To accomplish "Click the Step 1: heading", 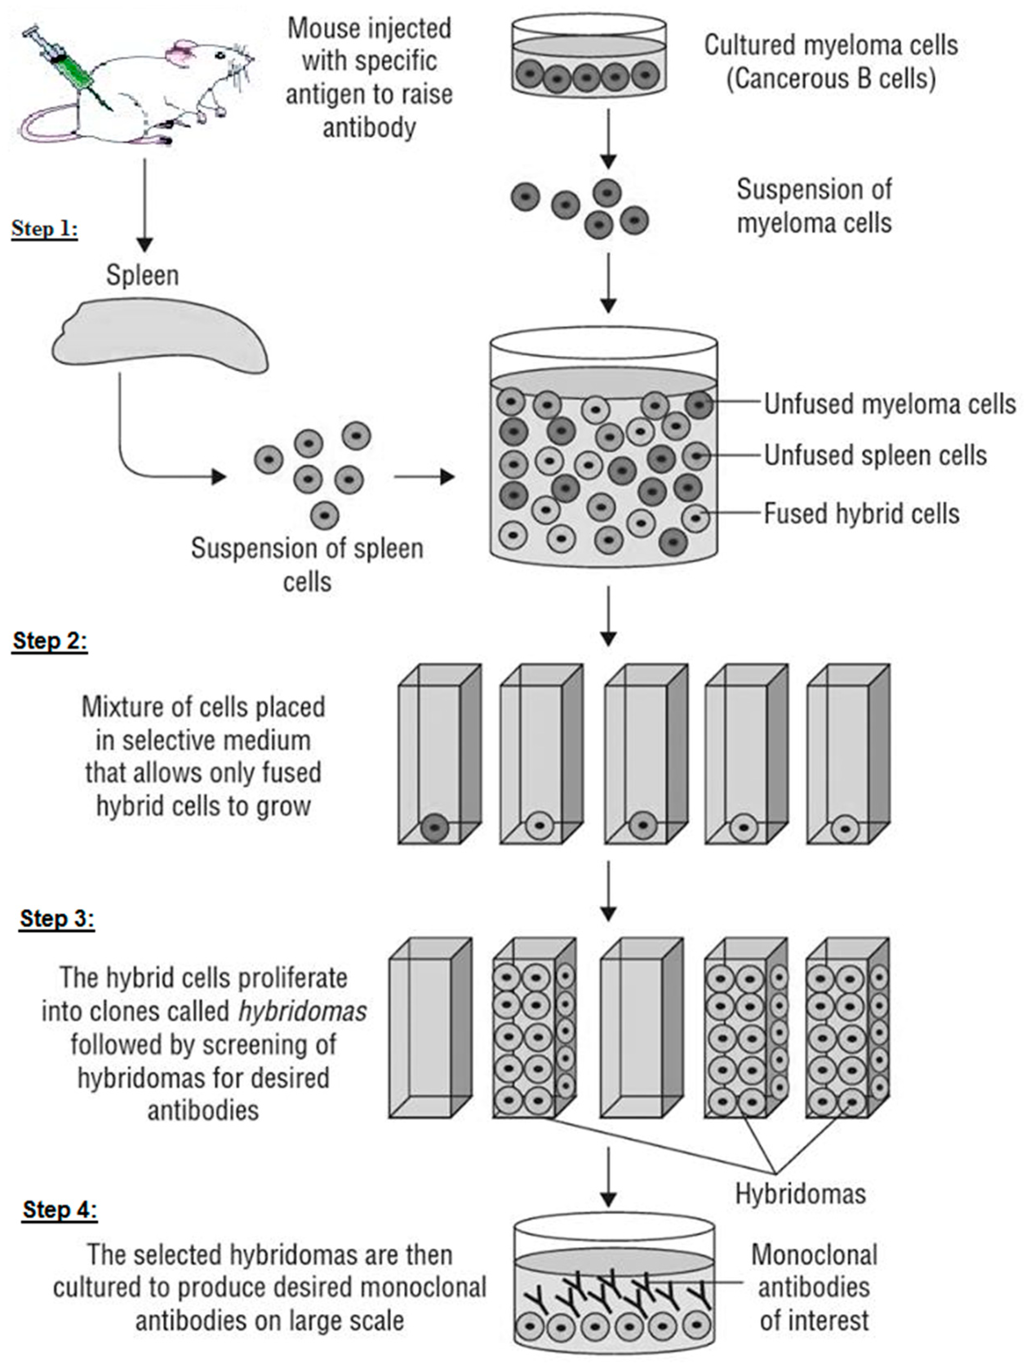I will [44, 229].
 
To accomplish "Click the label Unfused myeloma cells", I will [889, 404].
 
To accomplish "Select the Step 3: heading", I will [57, 918].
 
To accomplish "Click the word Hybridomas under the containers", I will [800, 1193].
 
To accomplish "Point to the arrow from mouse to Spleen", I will [144, 204].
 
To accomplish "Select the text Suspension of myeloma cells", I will [814, 206].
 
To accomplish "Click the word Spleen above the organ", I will [142, 275].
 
